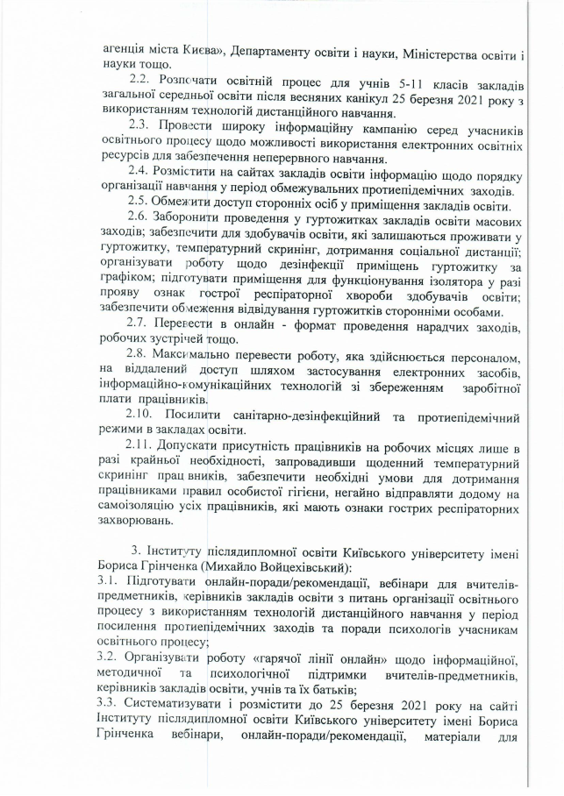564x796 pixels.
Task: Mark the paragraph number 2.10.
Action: tap(146, 416)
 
